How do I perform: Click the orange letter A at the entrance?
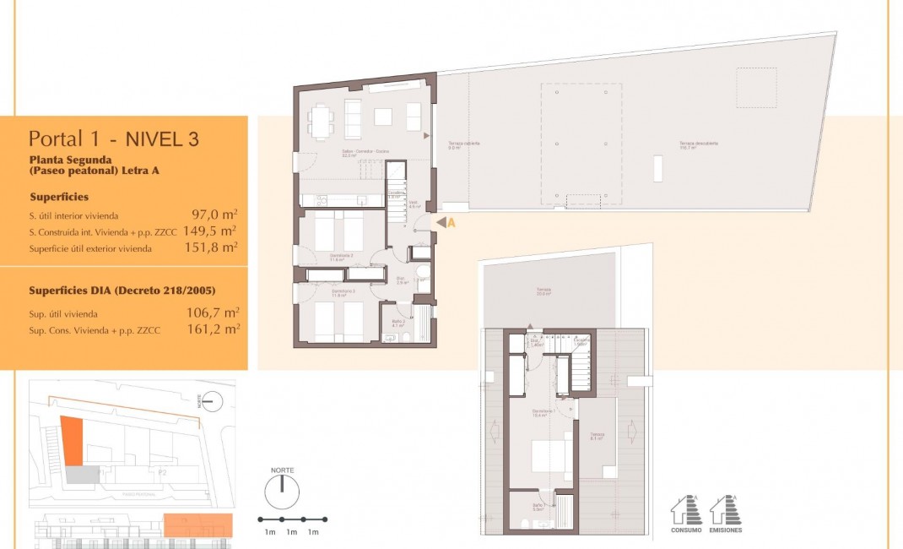point(451,223)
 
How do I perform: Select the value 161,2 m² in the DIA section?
point(212,329)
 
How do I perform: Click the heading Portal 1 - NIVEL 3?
point(114,139)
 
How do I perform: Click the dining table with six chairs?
point(320,120)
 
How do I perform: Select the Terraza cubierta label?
point(463,144)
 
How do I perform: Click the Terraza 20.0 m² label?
point(543,291)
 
